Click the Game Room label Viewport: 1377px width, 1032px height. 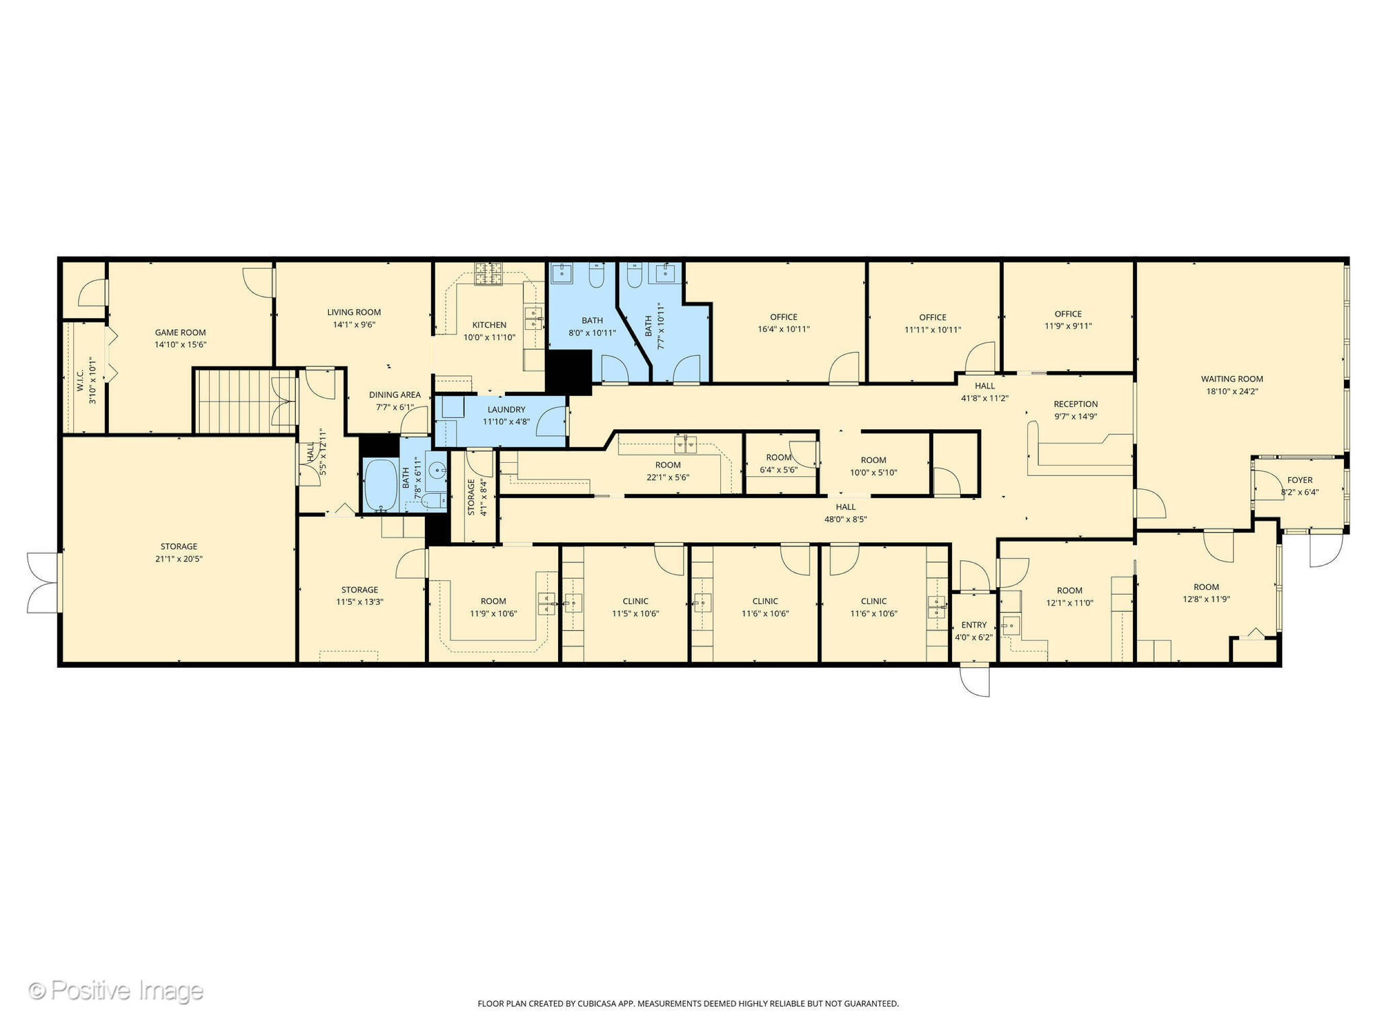[181, 332]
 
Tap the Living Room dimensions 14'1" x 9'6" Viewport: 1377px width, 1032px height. [354, 325]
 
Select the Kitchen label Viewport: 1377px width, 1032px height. [489, 325]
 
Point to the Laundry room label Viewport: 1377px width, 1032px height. [506, 409]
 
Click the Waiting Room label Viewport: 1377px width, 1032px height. [1232, 379]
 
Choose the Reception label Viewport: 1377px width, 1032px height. [1075, 404]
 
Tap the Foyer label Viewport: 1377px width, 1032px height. [1300, 479]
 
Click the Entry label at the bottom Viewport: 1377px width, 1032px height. [974, 624]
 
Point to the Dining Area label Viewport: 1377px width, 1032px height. [394, 394]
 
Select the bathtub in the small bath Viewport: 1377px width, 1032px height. [381, 485]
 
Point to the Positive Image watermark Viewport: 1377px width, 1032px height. [116, 990]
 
